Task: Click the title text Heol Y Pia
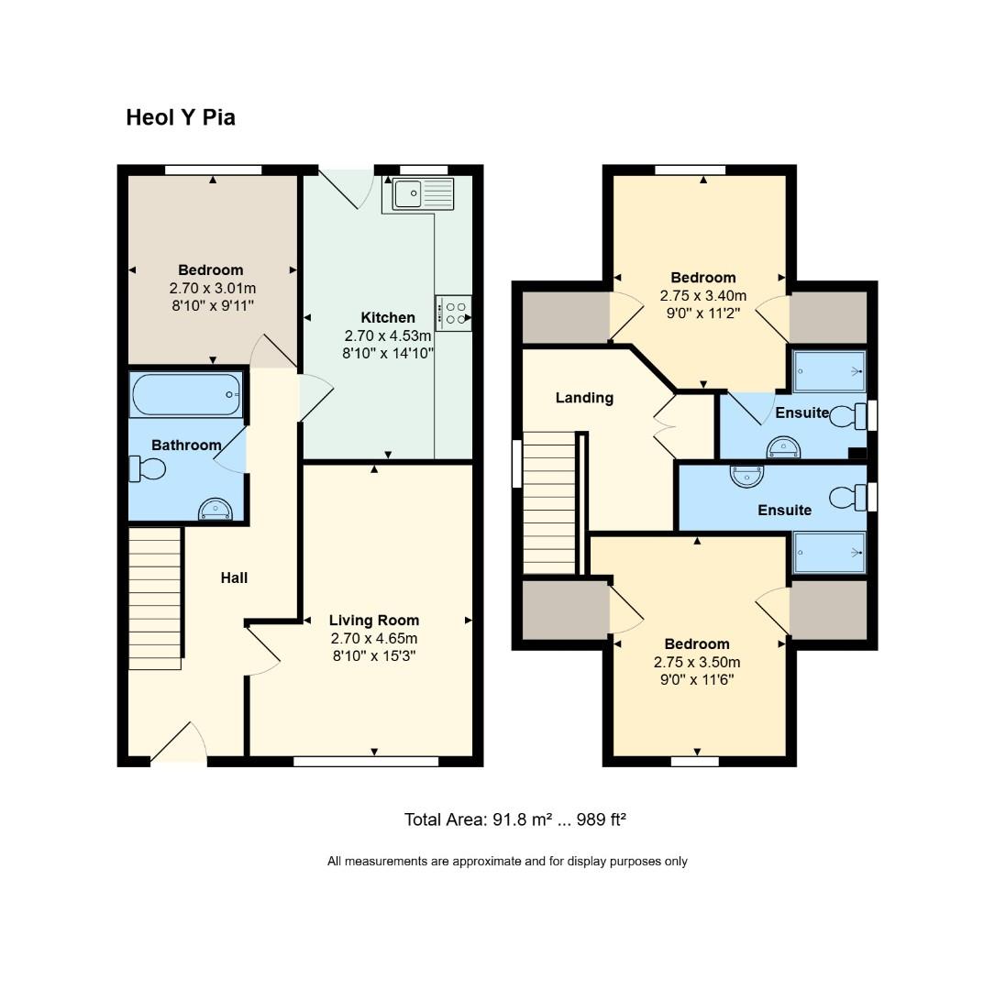(181, 117)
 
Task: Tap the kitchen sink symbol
(423, 194)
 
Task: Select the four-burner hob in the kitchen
(454, 313)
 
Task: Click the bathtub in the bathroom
(186, 395)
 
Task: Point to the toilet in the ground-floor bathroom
(148, 469)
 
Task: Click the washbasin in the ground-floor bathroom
(215, 510)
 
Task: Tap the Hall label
(234, 577)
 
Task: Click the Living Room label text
(374, 621)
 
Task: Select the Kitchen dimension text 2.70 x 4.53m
(388, 335)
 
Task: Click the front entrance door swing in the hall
(180, 744)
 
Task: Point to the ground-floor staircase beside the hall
(154, 598)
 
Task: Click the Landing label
(584, 398)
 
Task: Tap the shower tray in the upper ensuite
(829, 371)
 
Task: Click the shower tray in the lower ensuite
(829, 553)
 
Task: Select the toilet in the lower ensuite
(847, 498)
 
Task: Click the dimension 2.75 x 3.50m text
(697, 662)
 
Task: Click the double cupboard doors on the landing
(663, 425)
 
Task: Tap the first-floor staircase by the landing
(548, 503)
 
